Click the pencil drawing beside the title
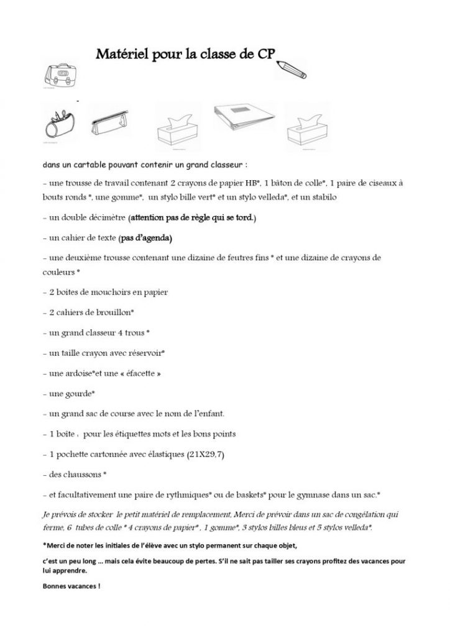coord(294,69)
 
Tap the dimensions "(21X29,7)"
coord(205,454)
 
